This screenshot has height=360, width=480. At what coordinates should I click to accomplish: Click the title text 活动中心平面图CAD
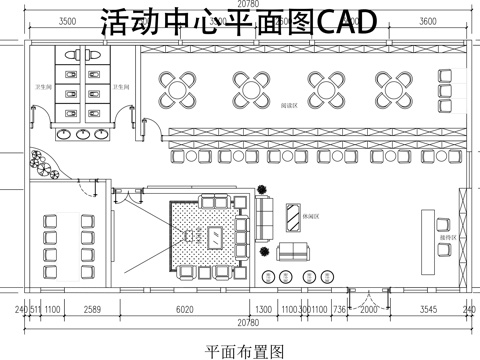240,23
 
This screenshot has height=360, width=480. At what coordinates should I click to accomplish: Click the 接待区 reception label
447,238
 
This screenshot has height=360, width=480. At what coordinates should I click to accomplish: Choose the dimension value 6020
184,310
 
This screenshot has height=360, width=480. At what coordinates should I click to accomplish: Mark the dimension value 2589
93,310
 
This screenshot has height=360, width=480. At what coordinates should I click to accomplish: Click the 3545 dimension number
427,310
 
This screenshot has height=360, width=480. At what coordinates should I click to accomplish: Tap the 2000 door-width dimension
369,310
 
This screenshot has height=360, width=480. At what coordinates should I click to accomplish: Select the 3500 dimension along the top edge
68,20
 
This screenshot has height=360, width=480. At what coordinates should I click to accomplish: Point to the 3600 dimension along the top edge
427,20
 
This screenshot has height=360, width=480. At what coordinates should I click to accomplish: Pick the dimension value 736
339,310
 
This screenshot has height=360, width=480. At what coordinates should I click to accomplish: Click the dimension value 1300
264,310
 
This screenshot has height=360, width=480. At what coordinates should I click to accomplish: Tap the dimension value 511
36,310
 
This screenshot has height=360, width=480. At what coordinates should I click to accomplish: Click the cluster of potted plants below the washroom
41,161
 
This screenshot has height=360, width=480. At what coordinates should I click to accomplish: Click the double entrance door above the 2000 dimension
369,295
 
